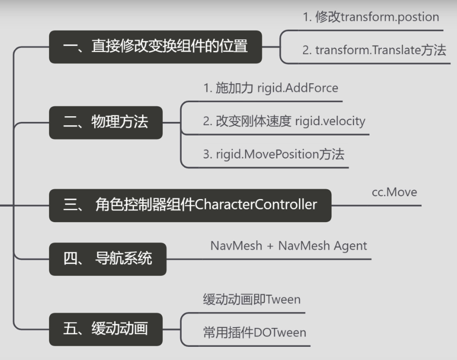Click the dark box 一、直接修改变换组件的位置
tap(155, 47)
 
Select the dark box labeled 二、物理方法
tap(105, 122)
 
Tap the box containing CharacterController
tap(190, 205)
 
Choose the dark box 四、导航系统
tap(107, 259)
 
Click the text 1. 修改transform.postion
tap(370, 17)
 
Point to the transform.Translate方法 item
tap(374, 50)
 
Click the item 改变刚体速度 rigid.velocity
tap(284, 121)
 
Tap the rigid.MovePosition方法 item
tap(273, 154)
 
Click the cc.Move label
tap(394, 192)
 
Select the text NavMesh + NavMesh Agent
tap(289, 246)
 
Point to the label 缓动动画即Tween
tap(251, 299)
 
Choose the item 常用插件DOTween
tap(254, 333)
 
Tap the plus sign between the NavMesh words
tap(270, 246)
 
